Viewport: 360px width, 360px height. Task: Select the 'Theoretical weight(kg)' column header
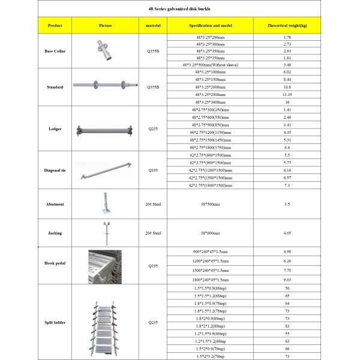(x=287, y=26)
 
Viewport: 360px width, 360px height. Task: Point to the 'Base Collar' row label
(x=55, y=51)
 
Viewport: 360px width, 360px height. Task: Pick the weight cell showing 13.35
(x=287, y=94)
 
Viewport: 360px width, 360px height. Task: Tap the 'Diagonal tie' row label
(x=55, y=171)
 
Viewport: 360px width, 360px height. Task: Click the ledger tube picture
(x=104, y=128)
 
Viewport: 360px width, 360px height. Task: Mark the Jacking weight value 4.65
(x=287, y=232)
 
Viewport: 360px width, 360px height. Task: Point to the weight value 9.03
(x=287, y=279)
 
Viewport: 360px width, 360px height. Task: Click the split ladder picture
(x=104, y=322)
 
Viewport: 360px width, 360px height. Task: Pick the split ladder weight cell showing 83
(x=287, y=325)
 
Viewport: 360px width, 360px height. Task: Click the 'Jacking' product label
(x=55, y=233)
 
